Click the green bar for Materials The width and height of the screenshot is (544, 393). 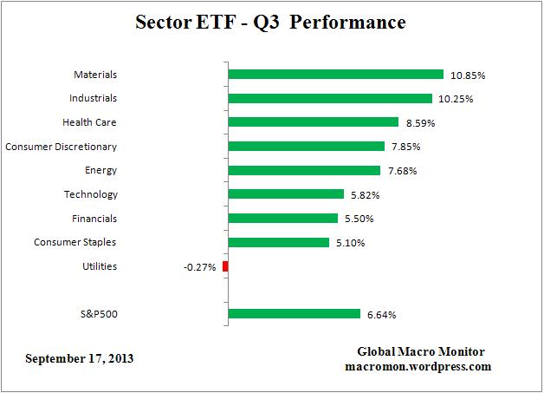(x=335, y=75)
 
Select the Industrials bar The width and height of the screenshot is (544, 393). (x=330, y=99)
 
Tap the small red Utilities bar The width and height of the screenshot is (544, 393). (x=225, y=266)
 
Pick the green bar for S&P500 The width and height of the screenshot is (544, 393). (x=294, y=314)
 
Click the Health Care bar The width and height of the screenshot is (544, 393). (x=313, y=122)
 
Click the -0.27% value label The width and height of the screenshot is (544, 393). (x=200, y=267)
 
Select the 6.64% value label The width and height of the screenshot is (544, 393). (x=382, y=315)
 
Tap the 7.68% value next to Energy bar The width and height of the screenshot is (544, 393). (x=402, y=171)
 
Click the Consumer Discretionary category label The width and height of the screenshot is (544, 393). (x=61, y=147)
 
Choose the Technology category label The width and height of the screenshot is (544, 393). (x=90, y=194)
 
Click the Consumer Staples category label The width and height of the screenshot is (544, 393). (x=74, y=242)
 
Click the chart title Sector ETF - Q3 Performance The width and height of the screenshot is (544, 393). (x=270, y=22)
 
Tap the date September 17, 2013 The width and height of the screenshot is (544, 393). (x=80, y=357)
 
